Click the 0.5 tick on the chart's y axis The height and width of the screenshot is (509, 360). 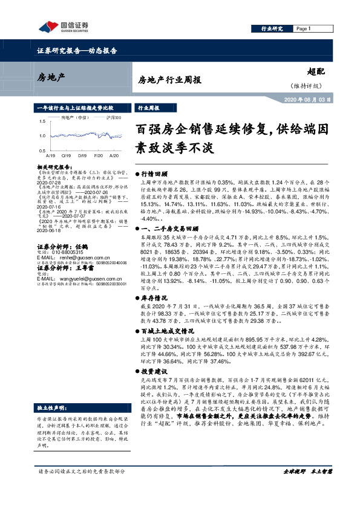point(41,149)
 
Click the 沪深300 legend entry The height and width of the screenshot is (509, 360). point(114,118)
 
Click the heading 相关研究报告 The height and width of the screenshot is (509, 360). point(54,166)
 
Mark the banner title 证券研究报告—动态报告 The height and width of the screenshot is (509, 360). point(73,51)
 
